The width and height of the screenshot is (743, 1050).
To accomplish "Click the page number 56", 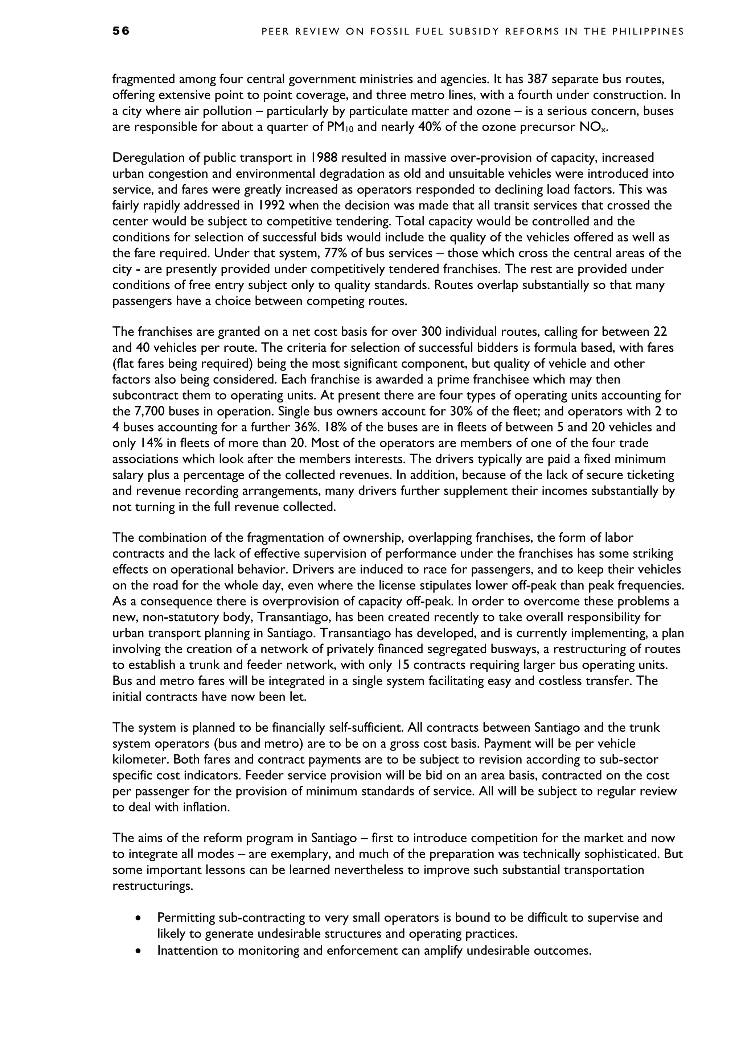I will click(x=121, y=31).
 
